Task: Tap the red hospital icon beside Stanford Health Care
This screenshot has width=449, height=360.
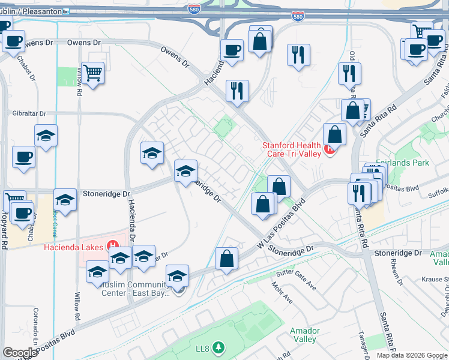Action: click(x=328, y=149)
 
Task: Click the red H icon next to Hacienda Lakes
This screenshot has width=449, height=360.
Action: click(x=111, y=245)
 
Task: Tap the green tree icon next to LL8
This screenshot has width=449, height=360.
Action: click(x=219, y=347)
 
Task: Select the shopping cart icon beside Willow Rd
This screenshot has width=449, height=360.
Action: click(x=93, y=74)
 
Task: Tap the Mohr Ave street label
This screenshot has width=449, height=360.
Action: click(x=282, y=292)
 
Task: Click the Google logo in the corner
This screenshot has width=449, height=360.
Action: click(x=20, y=353)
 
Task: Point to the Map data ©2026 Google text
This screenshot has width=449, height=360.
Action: click(x=411, y=355)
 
